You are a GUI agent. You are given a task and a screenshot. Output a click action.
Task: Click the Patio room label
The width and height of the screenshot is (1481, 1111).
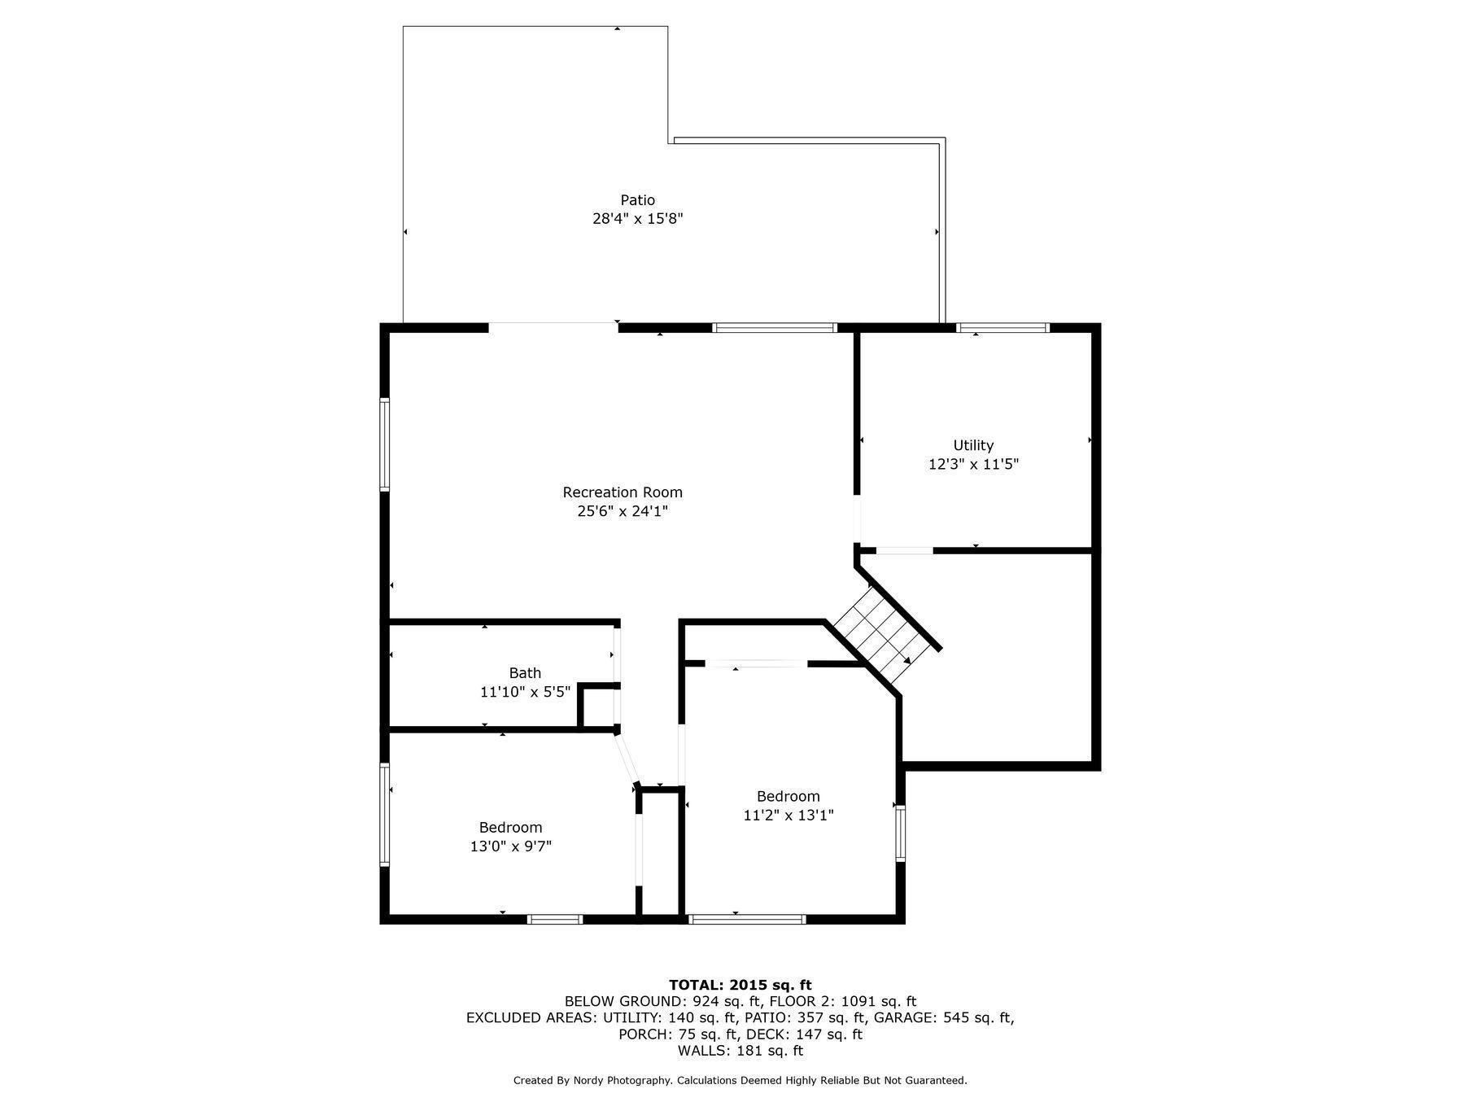(637, 200)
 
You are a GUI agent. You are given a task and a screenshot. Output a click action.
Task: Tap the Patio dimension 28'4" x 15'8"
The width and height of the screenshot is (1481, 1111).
(637, 219)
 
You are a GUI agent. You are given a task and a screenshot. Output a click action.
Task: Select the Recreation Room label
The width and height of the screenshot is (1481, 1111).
(623, 492)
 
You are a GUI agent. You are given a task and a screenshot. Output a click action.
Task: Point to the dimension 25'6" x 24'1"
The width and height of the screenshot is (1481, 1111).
(623, 511)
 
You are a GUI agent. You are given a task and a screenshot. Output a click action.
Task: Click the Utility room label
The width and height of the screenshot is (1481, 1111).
(973, 445)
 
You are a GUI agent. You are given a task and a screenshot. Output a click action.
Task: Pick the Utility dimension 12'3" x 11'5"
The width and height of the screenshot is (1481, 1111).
(973, 465)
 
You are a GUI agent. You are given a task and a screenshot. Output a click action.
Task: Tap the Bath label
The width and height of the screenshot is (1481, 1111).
(525, 673)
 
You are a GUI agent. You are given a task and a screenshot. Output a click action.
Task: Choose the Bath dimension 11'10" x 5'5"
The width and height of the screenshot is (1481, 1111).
(525, 692)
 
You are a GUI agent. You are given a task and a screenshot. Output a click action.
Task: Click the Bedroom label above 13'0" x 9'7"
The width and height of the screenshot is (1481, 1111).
(510, 828)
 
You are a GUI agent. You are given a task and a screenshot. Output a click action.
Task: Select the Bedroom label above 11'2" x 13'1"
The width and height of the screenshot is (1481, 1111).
(788, 796)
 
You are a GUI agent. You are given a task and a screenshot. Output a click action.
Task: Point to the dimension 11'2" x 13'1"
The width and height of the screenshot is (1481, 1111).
(788, 815)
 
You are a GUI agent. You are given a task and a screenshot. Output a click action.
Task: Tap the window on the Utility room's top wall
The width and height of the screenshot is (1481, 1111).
(1003, 328)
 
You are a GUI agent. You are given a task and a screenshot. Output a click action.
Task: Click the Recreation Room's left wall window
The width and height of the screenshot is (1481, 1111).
(385, 444)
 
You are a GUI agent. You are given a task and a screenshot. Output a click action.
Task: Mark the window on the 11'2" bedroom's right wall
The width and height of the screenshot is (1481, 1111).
(900, 832)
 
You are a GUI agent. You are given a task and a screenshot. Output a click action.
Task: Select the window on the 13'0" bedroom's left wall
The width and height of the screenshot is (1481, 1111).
(385, 814)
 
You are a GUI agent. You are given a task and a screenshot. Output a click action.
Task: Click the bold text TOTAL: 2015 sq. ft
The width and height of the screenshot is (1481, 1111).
(740, 985)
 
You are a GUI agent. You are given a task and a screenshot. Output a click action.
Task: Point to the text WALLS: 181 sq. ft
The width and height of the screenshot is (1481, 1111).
(740, 1051)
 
